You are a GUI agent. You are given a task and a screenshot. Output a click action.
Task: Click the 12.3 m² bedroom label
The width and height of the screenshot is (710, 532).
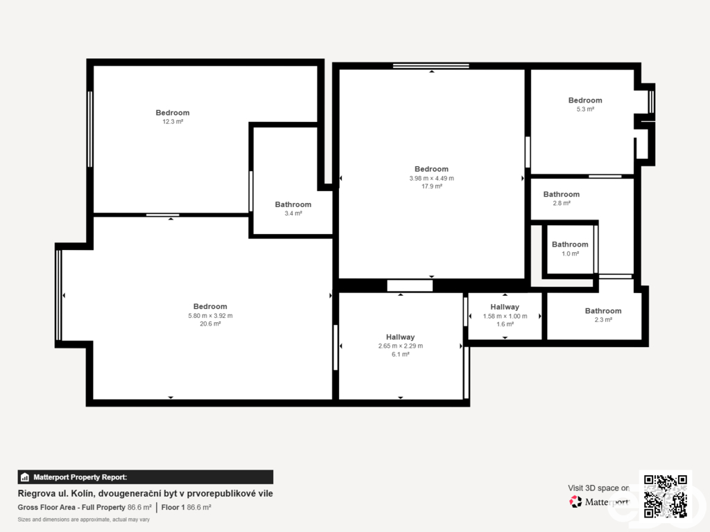173,116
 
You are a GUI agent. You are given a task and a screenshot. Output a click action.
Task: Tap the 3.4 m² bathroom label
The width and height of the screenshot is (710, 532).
293,209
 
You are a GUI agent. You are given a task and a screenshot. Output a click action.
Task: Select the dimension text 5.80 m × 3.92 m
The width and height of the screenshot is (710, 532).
210,316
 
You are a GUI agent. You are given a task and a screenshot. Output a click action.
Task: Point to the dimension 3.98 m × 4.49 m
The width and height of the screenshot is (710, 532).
431,178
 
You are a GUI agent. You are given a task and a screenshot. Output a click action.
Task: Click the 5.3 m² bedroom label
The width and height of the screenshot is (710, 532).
585,105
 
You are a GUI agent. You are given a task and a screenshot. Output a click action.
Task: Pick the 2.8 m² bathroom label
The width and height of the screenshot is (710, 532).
562,199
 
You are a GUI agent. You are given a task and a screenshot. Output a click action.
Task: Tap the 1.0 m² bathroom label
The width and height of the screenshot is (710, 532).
570,249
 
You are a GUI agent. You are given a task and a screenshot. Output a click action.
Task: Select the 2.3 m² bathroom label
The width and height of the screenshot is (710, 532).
603,315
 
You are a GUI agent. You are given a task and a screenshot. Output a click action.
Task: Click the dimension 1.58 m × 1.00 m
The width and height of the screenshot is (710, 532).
505,316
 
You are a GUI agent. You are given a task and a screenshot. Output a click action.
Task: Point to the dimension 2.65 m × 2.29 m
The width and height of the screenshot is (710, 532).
400,346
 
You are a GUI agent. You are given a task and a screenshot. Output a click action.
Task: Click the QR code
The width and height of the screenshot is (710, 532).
665,495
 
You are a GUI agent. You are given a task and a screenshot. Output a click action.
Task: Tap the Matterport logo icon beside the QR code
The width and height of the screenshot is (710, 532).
575,502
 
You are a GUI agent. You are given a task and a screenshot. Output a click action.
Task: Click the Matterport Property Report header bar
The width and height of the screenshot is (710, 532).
146,477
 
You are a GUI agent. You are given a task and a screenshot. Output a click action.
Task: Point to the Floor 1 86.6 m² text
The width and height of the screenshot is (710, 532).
186,508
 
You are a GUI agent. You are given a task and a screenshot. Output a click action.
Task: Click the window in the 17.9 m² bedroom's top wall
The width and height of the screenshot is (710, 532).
431,66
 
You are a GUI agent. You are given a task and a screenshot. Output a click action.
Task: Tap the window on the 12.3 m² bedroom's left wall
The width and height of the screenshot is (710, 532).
89,129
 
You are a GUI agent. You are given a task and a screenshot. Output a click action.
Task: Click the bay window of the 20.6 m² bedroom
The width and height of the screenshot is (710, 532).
58,295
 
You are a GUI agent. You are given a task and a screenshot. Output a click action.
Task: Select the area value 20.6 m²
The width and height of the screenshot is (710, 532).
210,324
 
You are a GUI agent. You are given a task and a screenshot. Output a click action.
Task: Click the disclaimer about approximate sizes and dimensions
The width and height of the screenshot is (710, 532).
84,520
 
